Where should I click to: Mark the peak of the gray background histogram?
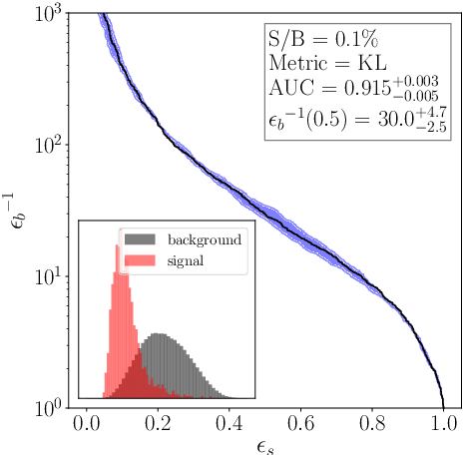point(158,334)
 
